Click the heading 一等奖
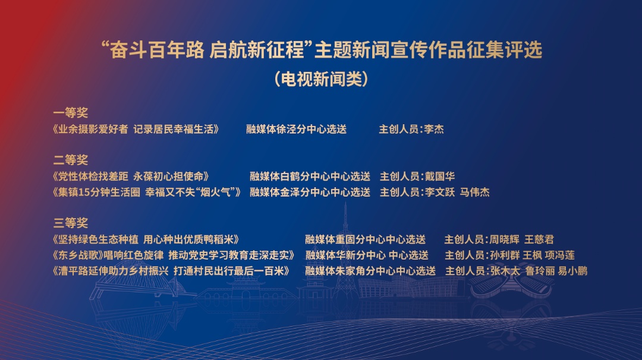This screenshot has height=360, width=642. point(70,112)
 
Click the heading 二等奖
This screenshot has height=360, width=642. point(70,160)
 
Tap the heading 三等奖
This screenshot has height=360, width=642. point(70,223)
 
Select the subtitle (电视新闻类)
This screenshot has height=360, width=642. point(321,78)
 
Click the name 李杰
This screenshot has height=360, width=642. point(434,130)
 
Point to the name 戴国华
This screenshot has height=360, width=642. point(440,176)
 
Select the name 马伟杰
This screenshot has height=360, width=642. point(474,192)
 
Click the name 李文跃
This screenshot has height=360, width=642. point(440,192)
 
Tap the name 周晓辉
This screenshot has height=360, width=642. point(505,239)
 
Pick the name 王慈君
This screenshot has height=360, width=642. point(539,239)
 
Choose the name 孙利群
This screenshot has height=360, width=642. point(505,255)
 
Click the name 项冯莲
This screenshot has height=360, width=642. point(560,255)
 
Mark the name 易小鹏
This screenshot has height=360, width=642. point(572,271)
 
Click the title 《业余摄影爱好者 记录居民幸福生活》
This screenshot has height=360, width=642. point(136,130)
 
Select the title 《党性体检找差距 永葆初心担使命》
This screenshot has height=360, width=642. point(131,176)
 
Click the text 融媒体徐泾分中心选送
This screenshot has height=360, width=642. point(297,130)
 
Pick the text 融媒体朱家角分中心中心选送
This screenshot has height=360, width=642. point(370,271)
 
